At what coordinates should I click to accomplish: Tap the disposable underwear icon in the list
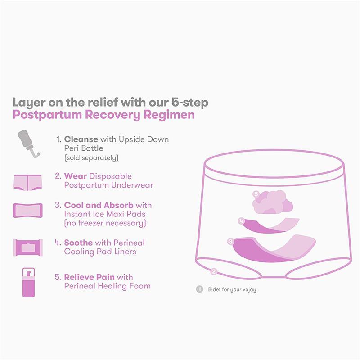[27, 181]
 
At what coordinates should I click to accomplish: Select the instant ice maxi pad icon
[27, 210]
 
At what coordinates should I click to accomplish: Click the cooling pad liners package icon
[27, 247]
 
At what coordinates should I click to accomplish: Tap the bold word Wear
[75, 176]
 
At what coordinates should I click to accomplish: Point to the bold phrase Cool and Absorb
[99, 205]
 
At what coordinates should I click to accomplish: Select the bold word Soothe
[79, 243]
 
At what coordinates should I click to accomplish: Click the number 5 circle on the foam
[256, 194]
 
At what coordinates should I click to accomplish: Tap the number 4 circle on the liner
[242, 221]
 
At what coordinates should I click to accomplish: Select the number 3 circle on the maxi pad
[231, 242]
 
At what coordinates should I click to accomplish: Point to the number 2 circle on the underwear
[214, 271]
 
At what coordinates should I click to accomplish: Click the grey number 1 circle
[199, 289]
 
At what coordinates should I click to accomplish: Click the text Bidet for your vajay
[232, 289]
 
